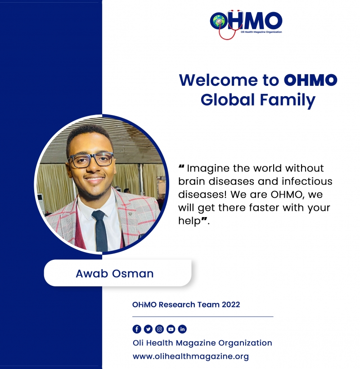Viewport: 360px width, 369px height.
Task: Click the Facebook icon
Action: [x=137, y=329]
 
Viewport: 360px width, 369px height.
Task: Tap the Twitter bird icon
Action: [x=148, y=329]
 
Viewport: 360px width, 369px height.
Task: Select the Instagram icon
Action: [x=159, y=329]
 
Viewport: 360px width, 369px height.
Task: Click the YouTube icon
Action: [x=171, y=329]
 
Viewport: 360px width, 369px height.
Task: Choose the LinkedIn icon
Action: [x=182, y=329]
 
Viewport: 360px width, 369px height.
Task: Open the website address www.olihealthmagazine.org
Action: [x=191, y=356]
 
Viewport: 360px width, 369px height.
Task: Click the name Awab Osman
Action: [x=114, y=273]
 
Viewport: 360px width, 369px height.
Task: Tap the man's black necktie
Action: [x=100, y=230]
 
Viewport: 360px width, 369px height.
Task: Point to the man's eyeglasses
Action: [x=91, y=160]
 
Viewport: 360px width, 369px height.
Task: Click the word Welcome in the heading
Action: [x=219, y=80]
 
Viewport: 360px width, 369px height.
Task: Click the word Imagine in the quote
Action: [x=208, y=169]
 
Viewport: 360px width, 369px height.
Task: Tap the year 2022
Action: [x=231, y=305]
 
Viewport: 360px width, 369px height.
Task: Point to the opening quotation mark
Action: [x=181, y=166]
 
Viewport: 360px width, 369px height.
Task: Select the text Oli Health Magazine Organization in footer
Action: [x=202, y=343]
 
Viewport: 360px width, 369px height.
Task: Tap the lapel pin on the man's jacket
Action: [x=130, y=213]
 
